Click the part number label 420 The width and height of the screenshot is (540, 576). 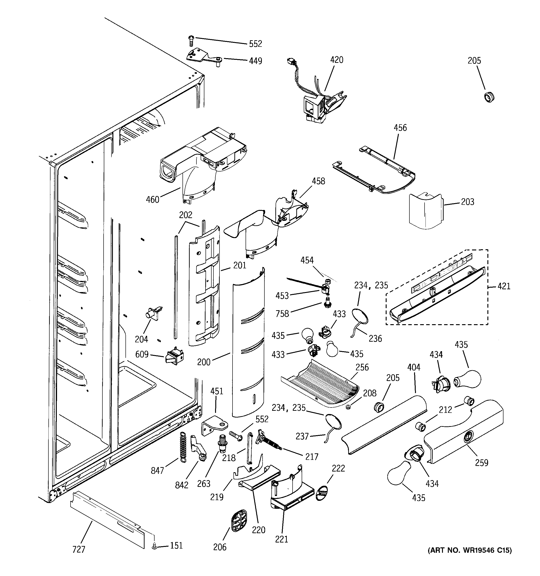point(337,60)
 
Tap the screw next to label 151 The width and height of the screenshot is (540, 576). point(155,546)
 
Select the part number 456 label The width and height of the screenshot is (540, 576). point(400,128)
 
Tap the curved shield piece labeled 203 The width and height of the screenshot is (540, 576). point(425,212)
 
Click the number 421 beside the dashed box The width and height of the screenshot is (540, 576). point(504,286)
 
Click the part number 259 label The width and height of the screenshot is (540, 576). point(481,463)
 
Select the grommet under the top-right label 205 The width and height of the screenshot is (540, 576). point(489,97)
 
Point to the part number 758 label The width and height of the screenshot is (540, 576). point(282,313)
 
